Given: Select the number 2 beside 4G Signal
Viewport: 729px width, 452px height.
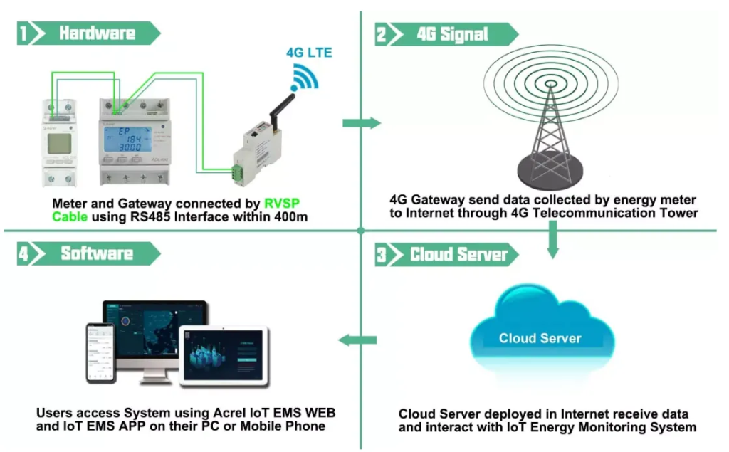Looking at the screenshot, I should tap(382, 34).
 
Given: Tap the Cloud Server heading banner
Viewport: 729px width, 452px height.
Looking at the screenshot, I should tap(458, 255).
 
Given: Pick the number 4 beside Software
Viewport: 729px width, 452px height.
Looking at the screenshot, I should tap(24, 254).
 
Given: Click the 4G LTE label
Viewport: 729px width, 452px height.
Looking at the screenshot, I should tap(309, 53).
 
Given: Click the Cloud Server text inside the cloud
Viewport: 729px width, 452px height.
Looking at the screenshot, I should tap(540, 338).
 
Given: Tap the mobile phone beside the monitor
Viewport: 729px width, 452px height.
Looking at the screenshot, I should tap(100, 353).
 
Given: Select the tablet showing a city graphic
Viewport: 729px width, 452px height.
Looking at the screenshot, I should tap(222, 356).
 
